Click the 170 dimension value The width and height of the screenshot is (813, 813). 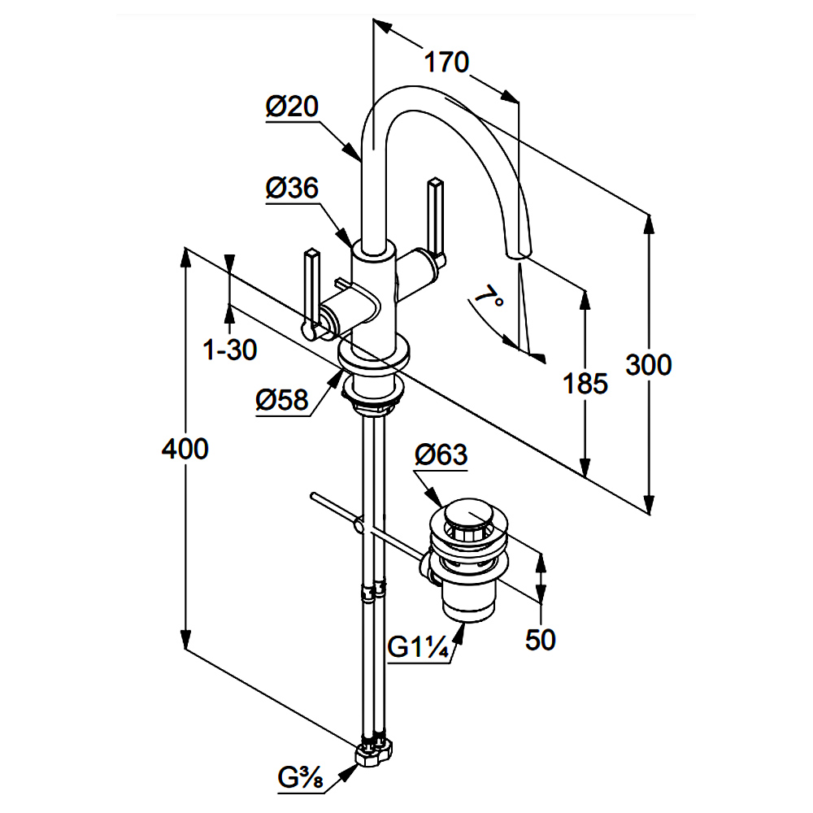pos(446,62)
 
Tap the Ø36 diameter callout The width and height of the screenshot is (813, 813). pos(292,189)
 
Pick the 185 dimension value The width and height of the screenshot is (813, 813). pos(585,383)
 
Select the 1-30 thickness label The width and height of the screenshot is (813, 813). pos(230,350)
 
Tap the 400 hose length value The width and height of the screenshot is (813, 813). pos(185,448)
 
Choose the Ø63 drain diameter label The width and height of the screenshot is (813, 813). pos(441,455)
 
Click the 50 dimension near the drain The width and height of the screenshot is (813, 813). pos(540,640)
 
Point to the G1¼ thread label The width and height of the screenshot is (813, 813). pos(420,649)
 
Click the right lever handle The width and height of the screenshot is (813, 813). pos(435,220)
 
